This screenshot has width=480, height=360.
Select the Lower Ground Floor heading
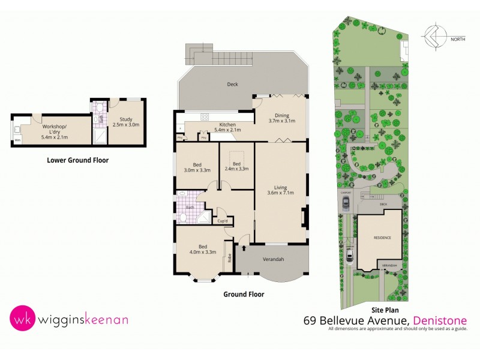(77, 160)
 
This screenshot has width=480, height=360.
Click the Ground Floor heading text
(244, 295)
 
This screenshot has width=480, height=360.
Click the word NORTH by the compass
(458, 40)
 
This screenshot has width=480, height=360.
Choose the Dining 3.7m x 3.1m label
(282, 119)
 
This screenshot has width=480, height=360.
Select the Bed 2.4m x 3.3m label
(236, 166)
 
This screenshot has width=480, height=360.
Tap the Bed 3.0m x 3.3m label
(196, 167)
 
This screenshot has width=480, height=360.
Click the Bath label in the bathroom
(190, 207)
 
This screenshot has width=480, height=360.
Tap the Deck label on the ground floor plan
(232, 84)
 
